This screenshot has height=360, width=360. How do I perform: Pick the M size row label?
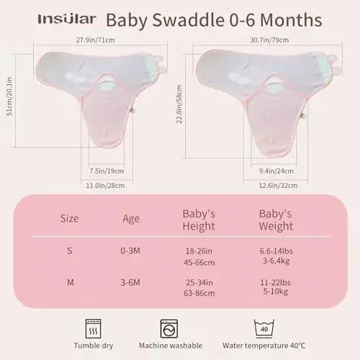click(69, 282)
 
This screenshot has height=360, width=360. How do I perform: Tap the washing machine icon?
click(169, 329)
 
